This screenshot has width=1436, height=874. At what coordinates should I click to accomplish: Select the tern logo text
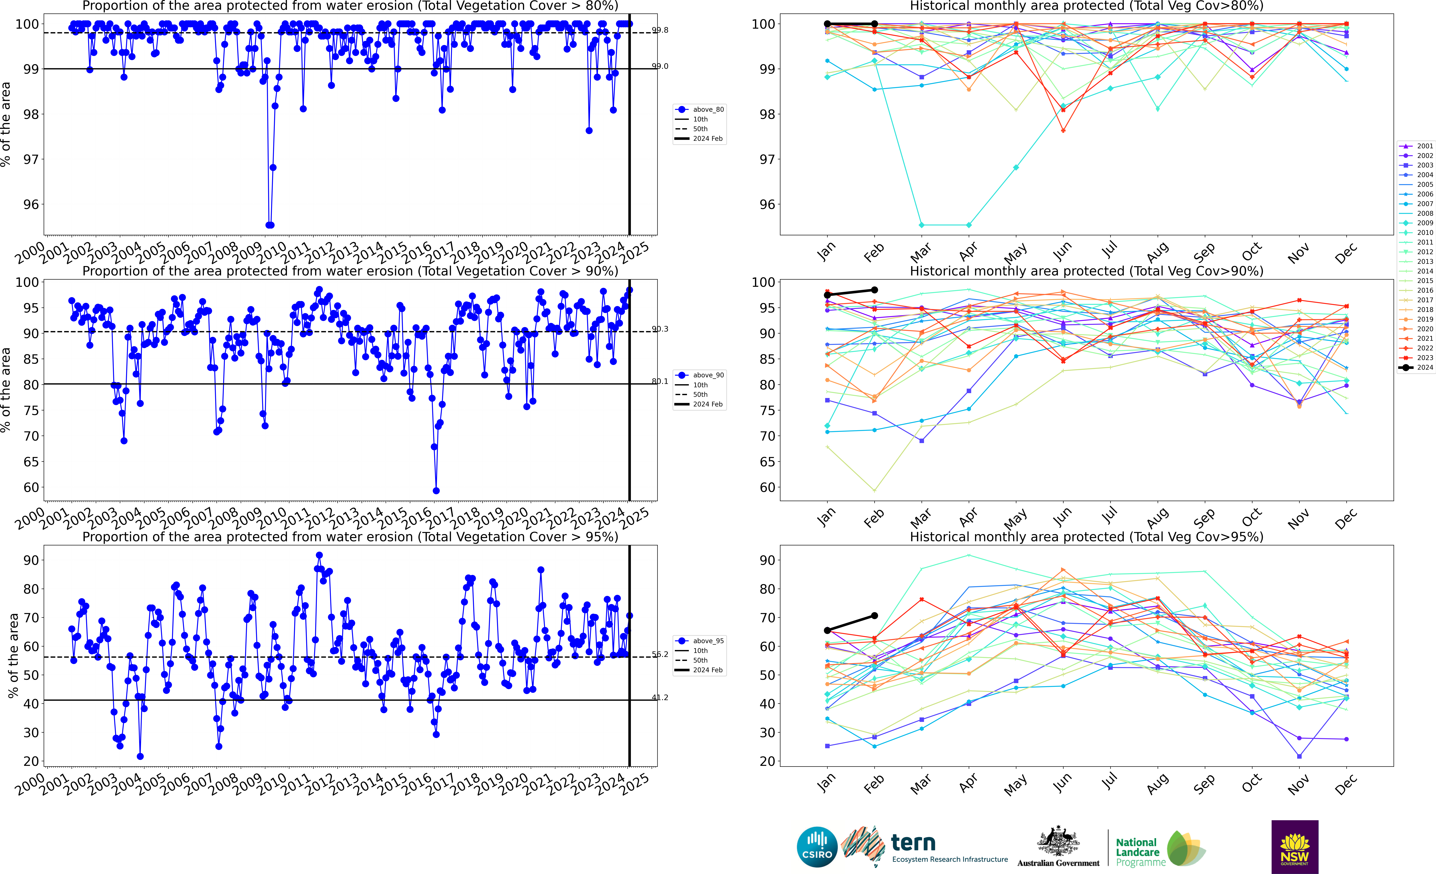(913, 843)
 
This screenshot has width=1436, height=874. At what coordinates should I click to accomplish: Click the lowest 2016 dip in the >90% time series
(436, 491)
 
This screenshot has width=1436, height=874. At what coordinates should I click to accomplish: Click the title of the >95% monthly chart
(1086, 537)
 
